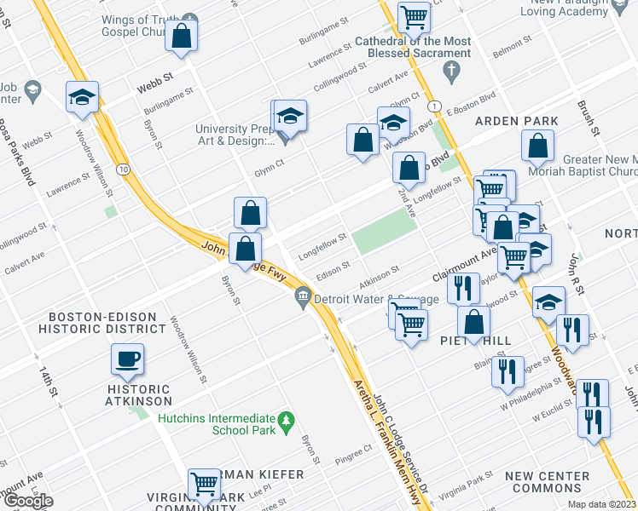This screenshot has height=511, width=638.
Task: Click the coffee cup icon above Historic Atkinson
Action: [x=127, y=359]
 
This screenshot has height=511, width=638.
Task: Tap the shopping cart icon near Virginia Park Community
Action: [x=205, y=484]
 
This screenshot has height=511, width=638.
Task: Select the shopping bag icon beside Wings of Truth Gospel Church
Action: [x=182, y=35]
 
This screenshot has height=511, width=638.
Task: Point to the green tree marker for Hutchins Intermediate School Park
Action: [x=287, y=419]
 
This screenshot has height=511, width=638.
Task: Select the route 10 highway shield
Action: [x=124, y=169]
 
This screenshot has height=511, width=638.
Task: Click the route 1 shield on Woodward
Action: [x=435, y=105]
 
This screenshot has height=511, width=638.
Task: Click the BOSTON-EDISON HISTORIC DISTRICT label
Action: [x=107, y=321]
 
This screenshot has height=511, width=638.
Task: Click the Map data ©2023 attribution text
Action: [x=600, y=504]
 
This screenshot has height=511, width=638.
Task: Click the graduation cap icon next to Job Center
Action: [x=82, y=97]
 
